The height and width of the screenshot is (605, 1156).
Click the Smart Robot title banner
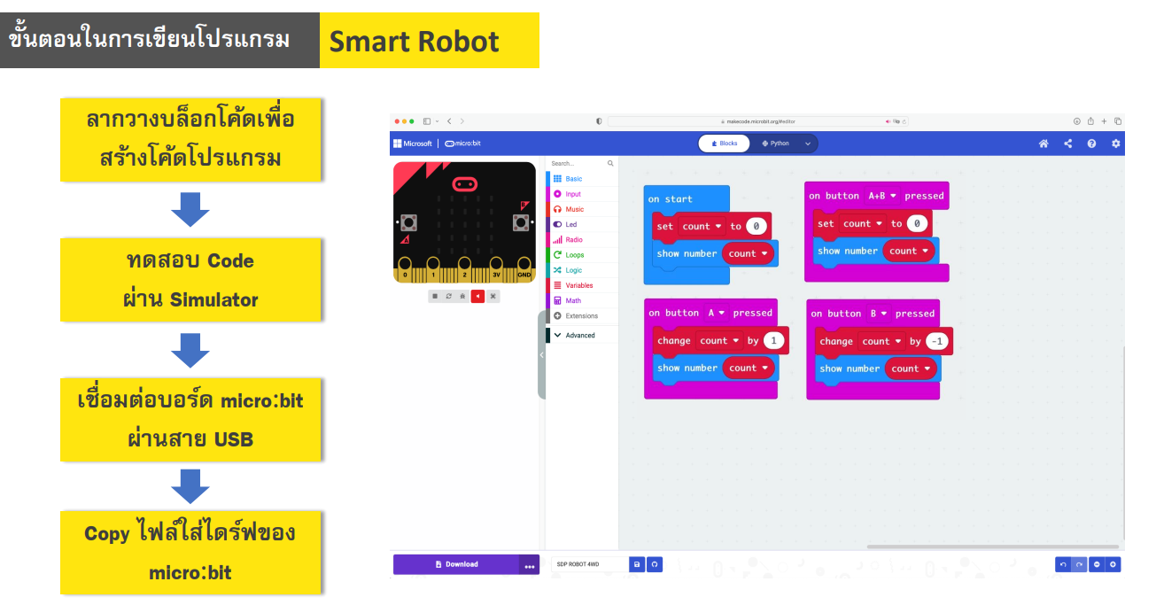click(x=429, y=41)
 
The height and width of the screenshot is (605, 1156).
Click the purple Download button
click(x=456, y=564)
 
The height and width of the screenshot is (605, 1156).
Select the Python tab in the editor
click(x=775, y=143)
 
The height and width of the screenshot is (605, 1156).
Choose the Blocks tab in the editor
click(x=725, y=143)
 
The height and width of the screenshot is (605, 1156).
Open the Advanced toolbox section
click(x=580, y=335)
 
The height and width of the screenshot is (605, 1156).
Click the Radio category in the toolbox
click(x=574, y=240)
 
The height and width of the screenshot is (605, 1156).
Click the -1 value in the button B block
click(x=936, y=342)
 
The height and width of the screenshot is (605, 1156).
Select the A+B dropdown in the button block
click(x=882, y=196)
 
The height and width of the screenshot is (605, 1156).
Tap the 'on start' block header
click(x=671, y=199)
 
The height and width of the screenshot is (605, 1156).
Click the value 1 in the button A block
click(x=774, y=341)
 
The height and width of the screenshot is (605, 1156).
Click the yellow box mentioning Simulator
click(x=190, y=280)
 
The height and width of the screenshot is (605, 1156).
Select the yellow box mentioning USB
click(x=190, y=419)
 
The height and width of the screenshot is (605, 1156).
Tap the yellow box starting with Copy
click(x=190, y=552)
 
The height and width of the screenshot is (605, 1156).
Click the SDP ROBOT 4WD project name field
click(x=588, y=564)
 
